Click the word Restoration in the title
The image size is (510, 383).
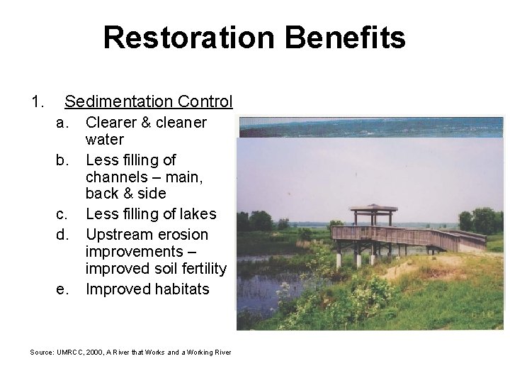[x=188, y=38]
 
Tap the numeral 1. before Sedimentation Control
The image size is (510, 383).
[x=38, y=102]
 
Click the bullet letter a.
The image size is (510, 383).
[x=62, y=123]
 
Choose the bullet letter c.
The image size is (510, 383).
[x=62, y=214]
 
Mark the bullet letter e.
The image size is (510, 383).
[x=62, y=289]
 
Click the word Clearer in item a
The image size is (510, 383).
[x=111, y=123]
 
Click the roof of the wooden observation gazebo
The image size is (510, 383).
[x=373, y=209]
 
